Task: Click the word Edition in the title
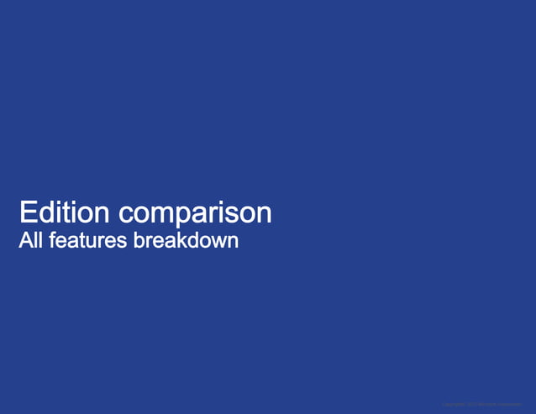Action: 65,212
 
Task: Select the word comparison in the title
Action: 195,213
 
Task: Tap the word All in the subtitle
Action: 30,241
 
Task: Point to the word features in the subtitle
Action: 88,241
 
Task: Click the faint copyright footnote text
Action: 481,405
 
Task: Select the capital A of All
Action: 25,241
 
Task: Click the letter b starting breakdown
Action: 139,241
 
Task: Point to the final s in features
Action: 123,242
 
